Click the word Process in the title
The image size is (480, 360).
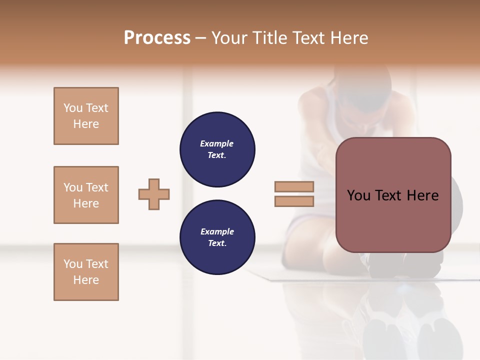(x=157, y=38)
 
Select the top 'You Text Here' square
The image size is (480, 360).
(x=86, y=116)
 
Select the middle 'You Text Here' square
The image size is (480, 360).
(x=86, y=195)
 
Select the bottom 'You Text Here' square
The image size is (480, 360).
(x=86, y=272)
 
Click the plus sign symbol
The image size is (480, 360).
(x=154, y=194)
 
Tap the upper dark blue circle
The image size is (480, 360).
(x=217, y=149)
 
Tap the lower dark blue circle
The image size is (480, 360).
(x=217, y=237)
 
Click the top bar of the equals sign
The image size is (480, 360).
(x=294, y=186)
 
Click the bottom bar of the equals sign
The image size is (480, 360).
(x=294, y=201)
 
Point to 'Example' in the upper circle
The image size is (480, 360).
(x=217, y=143)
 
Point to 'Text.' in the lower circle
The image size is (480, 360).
(x=217, y=243)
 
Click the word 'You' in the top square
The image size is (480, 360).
(x=72, y=108)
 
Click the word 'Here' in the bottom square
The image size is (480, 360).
(x=86, y=280)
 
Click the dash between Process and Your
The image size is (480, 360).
(x=201, y=38)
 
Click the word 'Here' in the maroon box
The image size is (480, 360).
(x=422, y=195)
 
